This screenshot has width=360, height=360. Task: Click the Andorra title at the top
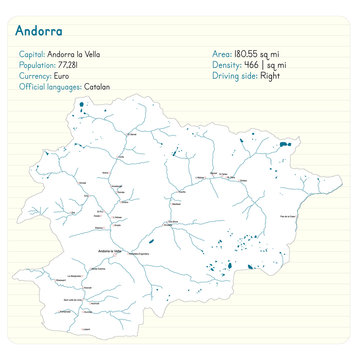point(38,31)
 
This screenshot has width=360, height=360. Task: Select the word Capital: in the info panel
point(32,54)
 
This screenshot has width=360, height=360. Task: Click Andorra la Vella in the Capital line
point(74,54)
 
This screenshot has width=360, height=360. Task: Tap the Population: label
point(38,65)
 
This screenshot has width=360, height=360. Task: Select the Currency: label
point(36,76)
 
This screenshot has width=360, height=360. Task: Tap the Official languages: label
point(50,87)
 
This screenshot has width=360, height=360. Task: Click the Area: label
point(222,54)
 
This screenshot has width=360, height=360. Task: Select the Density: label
point(226,65)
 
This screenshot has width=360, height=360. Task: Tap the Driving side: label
point(234,76)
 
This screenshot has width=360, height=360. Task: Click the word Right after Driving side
point(270,76)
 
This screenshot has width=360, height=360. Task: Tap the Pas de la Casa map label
point(291,215)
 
